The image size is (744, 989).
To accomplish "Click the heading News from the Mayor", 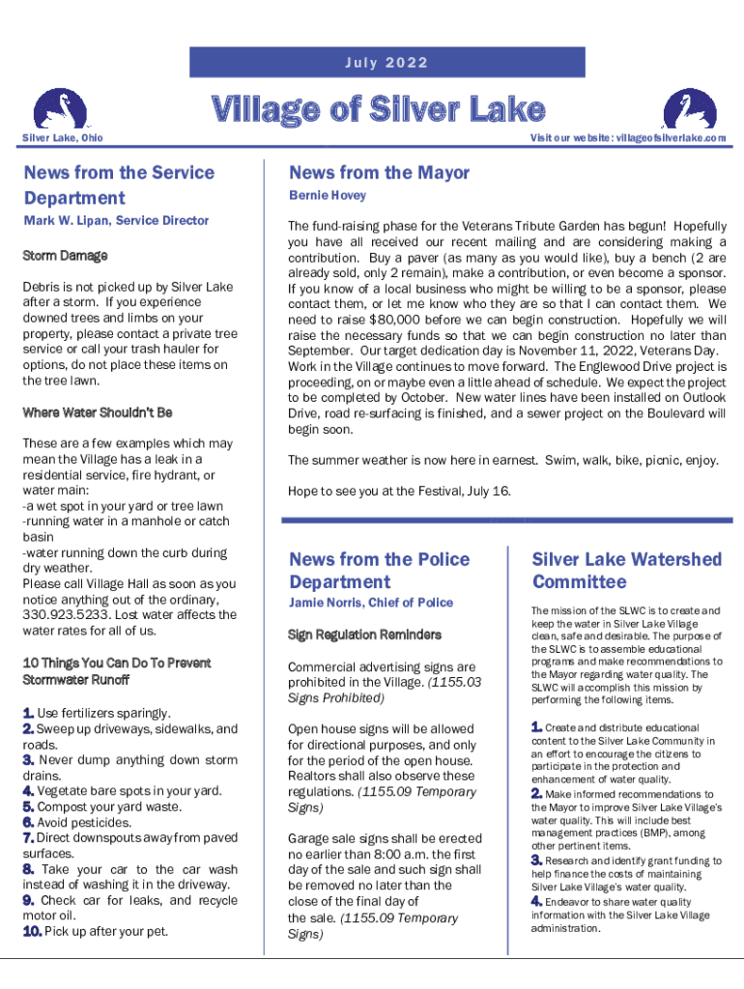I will (379, 173).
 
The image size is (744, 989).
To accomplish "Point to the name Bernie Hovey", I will (328, 196).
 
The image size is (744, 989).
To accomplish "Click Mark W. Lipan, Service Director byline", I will (115, 221).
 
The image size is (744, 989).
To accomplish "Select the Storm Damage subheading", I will (65, 256).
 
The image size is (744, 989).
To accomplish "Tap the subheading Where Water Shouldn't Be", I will (97, 412).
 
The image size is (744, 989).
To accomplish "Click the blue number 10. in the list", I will (31, 932).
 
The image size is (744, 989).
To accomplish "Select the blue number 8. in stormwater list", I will (29, 869).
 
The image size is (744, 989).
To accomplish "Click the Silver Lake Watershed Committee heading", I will (626, 571).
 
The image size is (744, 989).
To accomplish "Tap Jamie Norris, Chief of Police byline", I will (371, 603).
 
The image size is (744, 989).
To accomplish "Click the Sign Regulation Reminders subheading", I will (364, 636).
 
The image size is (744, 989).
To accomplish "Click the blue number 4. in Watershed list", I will (536, 902).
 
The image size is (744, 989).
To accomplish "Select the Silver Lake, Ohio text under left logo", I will (62, 139).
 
